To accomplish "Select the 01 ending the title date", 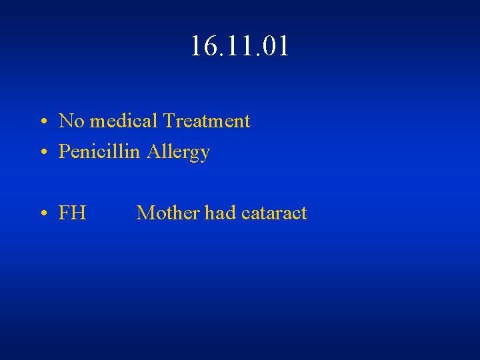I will [275, 47].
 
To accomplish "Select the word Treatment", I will [207, 121].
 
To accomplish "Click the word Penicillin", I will [99, 152].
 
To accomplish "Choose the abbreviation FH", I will [72, 213].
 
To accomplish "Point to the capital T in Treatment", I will [169, 121].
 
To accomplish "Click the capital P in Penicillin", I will [64, 152].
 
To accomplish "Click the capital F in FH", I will [65, 213].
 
